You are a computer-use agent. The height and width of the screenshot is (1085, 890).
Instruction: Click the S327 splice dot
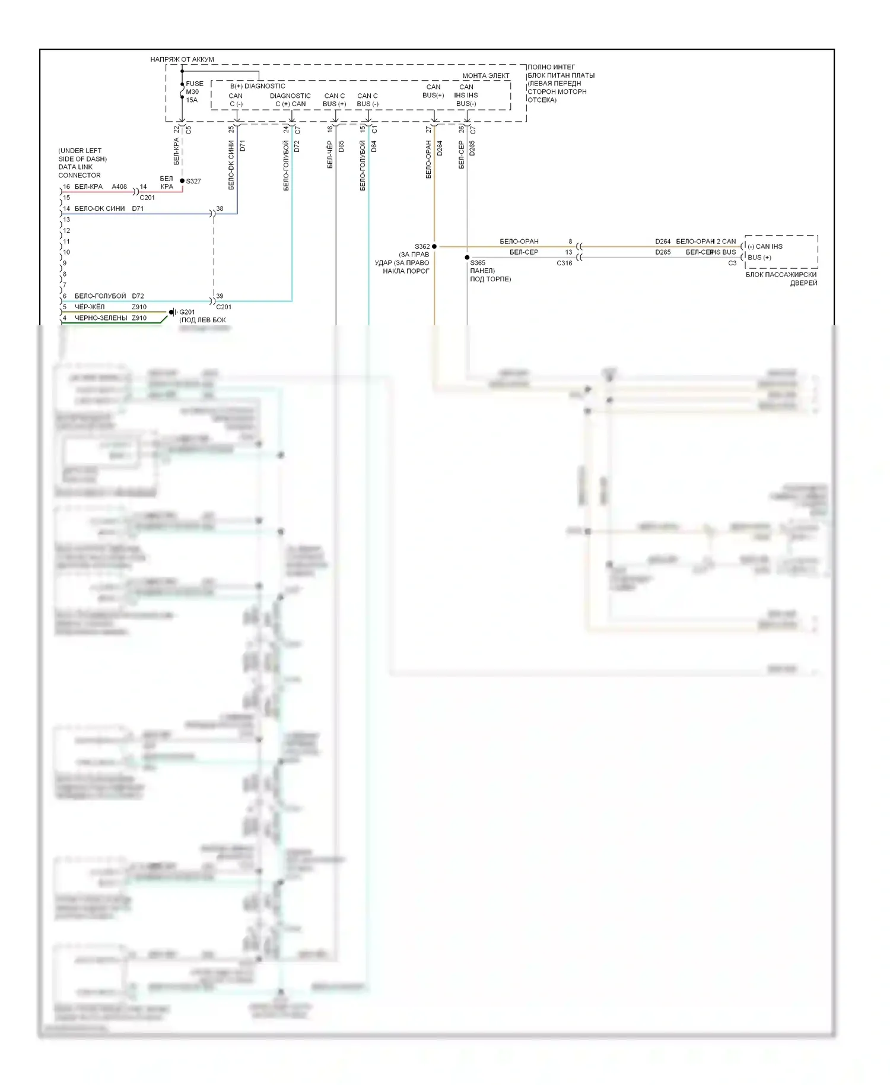point(182,180)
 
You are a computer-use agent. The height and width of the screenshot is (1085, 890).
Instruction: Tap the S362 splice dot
point(434,246)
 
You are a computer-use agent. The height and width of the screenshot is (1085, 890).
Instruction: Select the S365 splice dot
point(467,258)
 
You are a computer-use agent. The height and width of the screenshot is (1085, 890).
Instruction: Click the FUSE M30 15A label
point(194,92)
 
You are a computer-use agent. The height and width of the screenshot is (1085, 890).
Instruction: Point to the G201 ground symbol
point(172,312)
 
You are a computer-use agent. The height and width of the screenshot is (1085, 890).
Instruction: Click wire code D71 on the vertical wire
point(242,146)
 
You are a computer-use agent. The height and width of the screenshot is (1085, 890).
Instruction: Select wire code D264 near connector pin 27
point(440,148)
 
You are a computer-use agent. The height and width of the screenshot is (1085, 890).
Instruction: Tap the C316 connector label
point(564,263)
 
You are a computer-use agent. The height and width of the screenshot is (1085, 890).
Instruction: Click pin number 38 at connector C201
point(220,208)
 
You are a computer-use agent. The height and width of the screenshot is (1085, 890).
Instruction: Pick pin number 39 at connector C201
point(220,296)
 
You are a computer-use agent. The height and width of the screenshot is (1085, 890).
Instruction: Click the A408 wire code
point(119,186)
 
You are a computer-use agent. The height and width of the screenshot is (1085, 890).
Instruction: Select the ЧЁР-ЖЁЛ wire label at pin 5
point(90,307)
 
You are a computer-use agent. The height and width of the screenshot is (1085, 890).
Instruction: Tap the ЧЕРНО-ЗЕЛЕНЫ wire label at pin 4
point(101,318)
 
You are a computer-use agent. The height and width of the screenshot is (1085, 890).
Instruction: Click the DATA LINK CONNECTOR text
point(80,171)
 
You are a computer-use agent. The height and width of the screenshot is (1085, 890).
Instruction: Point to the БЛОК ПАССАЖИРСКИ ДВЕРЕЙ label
point(781,279)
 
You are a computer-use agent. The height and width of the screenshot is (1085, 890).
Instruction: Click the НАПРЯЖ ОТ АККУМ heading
point(182,59)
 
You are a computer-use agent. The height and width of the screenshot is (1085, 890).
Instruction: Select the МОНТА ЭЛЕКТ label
point(486,76)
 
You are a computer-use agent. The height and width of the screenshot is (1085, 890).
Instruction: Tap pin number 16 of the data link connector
point(66,186)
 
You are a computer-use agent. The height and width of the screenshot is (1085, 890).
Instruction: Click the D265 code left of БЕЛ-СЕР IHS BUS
point(663,252)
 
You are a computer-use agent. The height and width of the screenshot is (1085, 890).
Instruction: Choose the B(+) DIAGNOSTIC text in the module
point(258,86)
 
